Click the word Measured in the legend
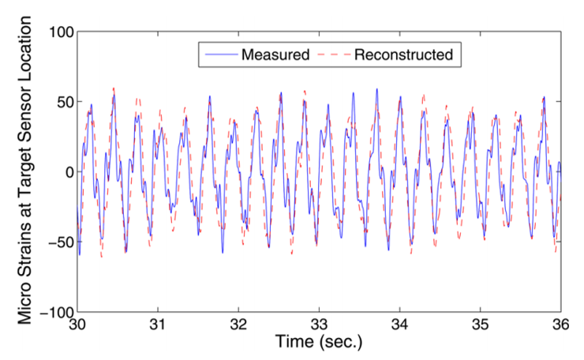point(275,54)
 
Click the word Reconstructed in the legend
point(403,54)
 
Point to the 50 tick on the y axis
point(64,103)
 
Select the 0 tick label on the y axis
point(68,172)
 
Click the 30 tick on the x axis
point(77,324)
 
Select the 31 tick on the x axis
point(158,324)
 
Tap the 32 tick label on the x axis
point(238,324)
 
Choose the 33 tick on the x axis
point(319,324)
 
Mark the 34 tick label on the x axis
point(399,324)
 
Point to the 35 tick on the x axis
point(480,324)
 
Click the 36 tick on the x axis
point(560,324)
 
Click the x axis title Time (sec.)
point(319,343)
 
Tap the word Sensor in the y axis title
point(25,118)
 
